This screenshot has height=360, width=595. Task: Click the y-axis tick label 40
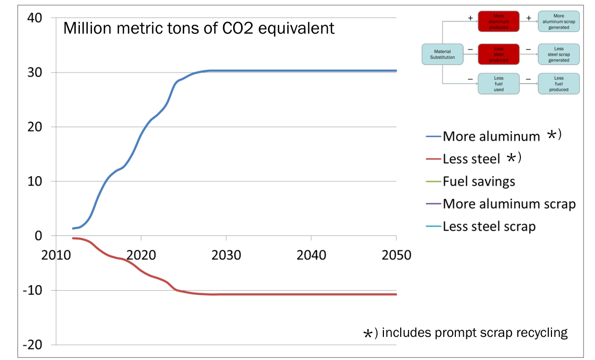(35, 18)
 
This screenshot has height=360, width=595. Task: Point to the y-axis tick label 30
(35, 73)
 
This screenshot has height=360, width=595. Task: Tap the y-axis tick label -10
(33, 291)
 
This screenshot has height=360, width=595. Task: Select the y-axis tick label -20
(33, 345)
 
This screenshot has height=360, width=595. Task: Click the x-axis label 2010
(56, 255)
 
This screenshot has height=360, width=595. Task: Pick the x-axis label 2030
(226, 255)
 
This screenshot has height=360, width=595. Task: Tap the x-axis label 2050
(396, 255)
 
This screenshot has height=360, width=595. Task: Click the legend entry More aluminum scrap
(509, 204)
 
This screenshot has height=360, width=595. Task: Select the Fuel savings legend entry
(478, 181)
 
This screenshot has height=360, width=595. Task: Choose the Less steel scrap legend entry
(489, 227)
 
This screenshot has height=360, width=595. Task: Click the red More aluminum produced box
(498, 22)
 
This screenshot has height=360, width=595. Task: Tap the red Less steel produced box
(498, 54)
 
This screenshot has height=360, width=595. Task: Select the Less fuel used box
(498, 84)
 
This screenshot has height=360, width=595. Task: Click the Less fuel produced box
(559, 84)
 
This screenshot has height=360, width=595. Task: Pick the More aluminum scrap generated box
(559, 22)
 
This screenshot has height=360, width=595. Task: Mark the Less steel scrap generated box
(559, 54)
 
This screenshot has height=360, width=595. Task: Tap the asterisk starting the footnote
(369, 334)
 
